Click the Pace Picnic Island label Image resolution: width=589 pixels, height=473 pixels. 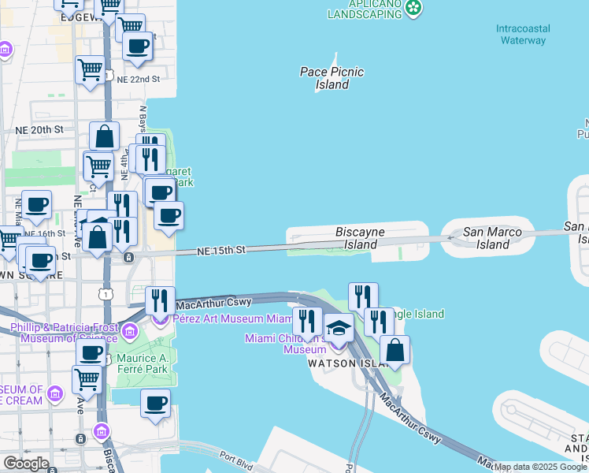click(x=332, y=78)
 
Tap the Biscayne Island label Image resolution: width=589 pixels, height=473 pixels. click(x=360, y=238)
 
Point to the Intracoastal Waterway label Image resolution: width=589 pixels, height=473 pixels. click(x=522, y=34)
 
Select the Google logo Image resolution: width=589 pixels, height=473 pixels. click(x=26, y=464)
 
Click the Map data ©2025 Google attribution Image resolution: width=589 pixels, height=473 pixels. click(x=540, y=467)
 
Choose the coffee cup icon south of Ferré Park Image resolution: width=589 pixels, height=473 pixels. click(x=155, y=405)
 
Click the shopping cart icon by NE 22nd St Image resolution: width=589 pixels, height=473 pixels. click(x=90, y=69)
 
